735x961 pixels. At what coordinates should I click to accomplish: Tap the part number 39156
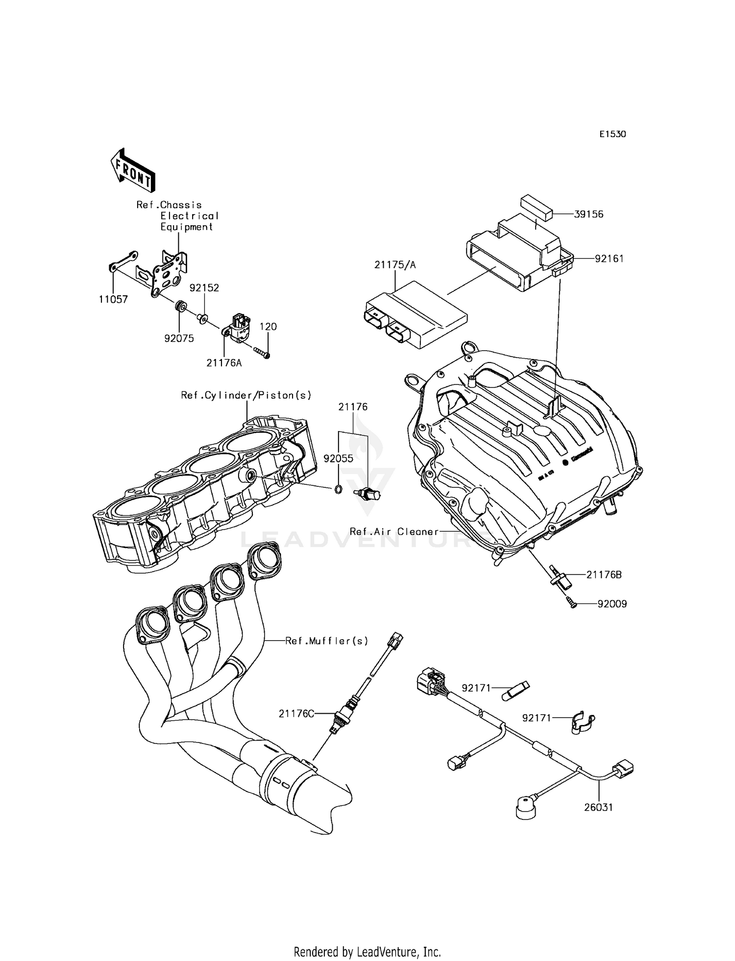(x=589, y=214)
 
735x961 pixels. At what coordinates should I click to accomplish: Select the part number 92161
(x=609, y=258)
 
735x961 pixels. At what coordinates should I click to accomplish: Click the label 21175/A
(x=395, y=265)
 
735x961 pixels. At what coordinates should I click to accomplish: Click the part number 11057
(x=113, y=299)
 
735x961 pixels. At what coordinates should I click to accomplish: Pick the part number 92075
(x=179, y=338)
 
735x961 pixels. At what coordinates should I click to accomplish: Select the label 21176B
(x=604, y=575)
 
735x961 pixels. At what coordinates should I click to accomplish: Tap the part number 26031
(x=598, y=807)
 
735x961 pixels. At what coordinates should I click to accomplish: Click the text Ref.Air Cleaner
(x=394, y=531)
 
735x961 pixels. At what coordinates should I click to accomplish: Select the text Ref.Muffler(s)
(x=327, y=640)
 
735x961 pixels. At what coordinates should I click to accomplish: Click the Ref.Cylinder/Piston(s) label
(x=246, y=395)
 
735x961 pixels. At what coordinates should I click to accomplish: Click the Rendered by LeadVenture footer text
(x=367, y=952)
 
